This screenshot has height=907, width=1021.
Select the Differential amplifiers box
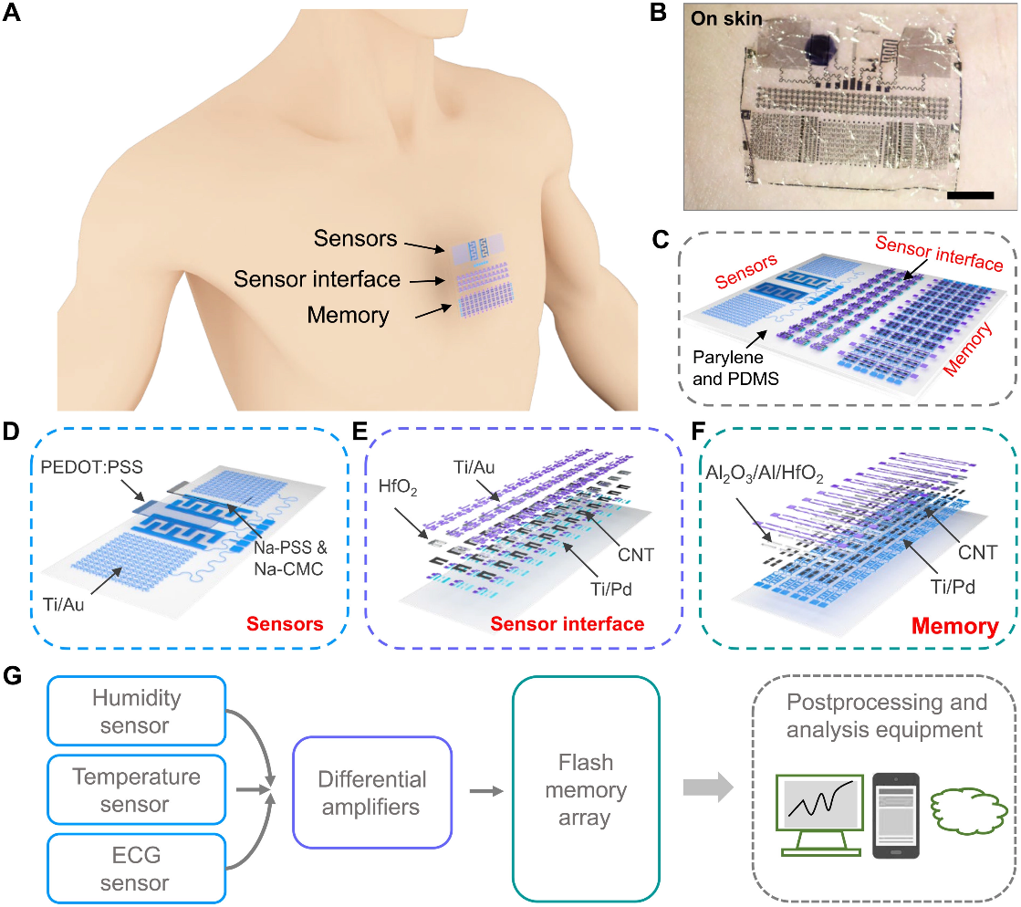tap(372, 792)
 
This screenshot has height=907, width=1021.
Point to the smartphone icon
tap(894, 814)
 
